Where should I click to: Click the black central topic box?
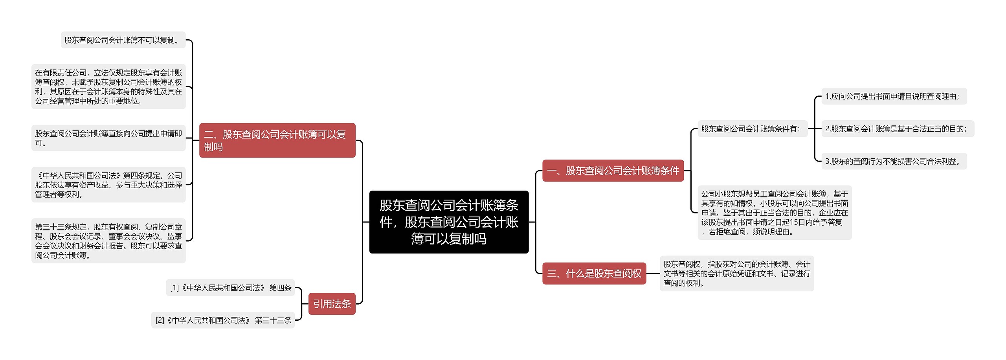(449, 222)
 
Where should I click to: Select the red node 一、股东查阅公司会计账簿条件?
(613, 171)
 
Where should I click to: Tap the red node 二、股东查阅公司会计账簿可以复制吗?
(277, 140)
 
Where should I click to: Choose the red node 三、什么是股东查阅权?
(594, 273)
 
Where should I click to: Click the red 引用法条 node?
(332, 303)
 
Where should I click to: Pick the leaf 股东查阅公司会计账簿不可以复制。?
(123, 40)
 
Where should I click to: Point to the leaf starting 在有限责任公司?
(108, 87)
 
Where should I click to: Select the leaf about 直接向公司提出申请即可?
(108, 138)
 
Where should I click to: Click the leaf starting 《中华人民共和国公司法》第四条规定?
(108, 185)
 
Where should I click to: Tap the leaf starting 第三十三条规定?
(108, 241)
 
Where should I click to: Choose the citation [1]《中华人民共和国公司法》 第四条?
(230, 288)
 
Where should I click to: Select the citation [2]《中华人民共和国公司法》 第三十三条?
(223, 320)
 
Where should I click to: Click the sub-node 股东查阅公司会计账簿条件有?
(752, 129)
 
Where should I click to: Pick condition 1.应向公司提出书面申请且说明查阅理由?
(894, 96)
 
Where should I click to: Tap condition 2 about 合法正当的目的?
(897, 129)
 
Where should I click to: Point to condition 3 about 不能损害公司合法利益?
(894, 161)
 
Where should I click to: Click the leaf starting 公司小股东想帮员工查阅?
(774, 213)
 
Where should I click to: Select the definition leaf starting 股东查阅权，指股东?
(736, 273)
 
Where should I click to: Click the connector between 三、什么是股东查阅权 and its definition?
(653, 274)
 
